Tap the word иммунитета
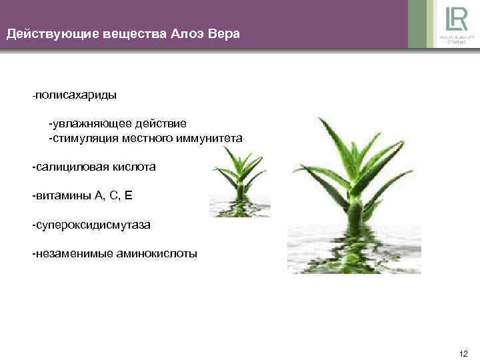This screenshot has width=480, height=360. pyautogui.click(x=213, y=138)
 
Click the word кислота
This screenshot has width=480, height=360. pyautogui.click(x=133, y=167)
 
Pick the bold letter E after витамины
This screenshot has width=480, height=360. pyautogui.click(x=129, y=196)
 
